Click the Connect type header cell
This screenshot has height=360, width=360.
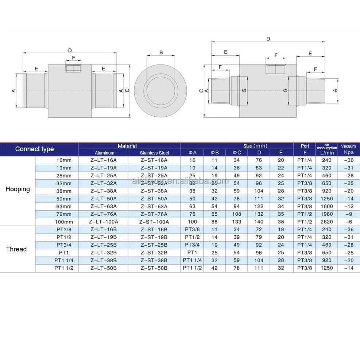point(34,149)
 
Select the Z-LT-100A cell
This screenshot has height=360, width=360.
point(103,222)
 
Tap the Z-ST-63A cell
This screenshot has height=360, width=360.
point(154,206)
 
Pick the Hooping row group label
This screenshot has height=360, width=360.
point(18,189)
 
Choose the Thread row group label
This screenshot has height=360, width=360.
point(16,249)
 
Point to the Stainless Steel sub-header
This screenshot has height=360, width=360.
point(154,153)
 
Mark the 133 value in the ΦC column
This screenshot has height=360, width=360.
point(237,222)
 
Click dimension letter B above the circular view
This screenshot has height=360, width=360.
point(161,52)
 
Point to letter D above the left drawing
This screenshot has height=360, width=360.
point(70,50)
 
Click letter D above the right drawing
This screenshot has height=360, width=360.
point(268,39)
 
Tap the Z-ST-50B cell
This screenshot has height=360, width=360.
point(154,268)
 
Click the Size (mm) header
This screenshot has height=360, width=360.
point(255,146)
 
